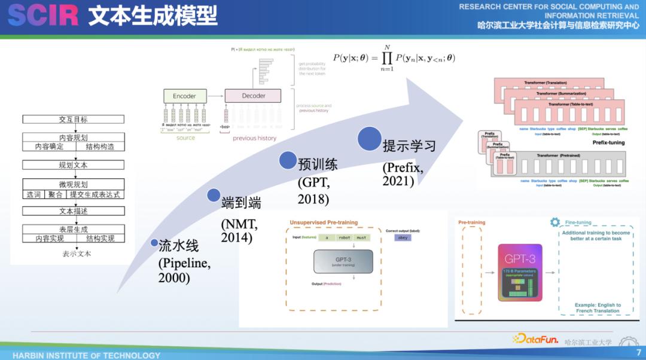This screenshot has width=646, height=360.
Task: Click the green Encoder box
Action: [x=185, y=96]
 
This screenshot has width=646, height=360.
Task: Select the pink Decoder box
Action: [x=253, y=96]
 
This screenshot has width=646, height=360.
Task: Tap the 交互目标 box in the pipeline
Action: [x=73, y=120]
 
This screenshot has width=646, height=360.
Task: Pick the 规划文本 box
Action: [x=73, y=165]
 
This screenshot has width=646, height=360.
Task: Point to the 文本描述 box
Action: [x=73, y=211]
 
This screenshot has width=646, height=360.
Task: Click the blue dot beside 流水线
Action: [x=154, y=243]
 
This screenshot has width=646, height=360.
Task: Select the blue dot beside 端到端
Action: [x=214, y=195]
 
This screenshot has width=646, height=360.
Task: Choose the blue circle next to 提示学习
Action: [x=369, y=139]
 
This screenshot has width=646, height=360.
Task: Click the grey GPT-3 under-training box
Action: [x=343, y=261]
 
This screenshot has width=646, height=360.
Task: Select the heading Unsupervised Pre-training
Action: [x=324, y=222]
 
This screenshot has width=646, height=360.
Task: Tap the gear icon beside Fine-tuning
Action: [x=555, y=222]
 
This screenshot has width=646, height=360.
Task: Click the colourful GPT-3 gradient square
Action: [x=519, y=271]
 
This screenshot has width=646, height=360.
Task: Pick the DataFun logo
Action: [x=536, y=339]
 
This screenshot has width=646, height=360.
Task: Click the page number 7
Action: [x=638, y=353]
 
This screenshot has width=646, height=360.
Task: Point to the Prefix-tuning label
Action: [x=608, y=143]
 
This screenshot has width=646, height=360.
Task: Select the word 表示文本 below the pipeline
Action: [x=77, y=254]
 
